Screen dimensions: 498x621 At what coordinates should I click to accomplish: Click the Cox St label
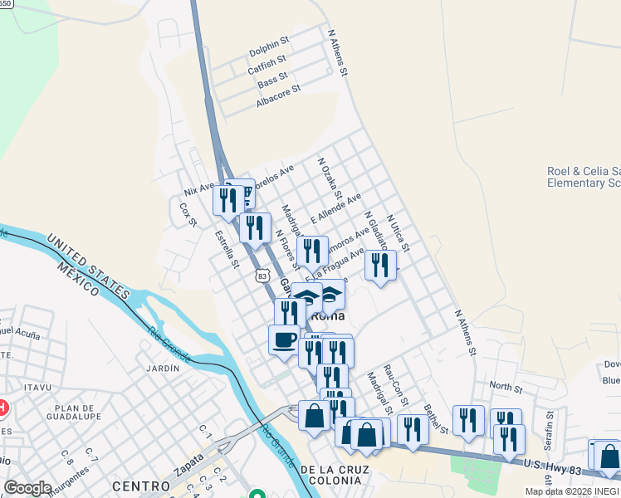pyautogui.click(x=188, y=216)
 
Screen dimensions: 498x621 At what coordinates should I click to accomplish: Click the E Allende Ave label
pyautogui.click(x=336, y=209)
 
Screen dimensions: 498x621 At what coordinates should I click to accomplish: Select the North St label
pyautogui.click(x=506, y=388)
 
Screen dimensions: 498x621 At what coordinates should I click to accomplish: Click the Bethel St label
pyautogui.click(x=435, y=418)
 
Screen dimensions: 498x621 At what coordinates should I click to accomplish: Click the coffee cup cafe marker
pyautogui.click(x=284, y=339)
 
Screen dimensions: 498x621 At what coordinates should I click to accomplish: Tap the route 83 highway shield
pyautogui.click(x=263, y=276)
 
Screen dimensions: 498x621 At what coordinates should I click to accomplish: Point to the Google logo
pyautogui.click(x=27, y=488)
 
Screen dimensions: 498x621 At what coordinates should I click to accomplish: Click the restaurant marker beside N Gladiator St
pyautogui.click(x=380, y=265)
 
